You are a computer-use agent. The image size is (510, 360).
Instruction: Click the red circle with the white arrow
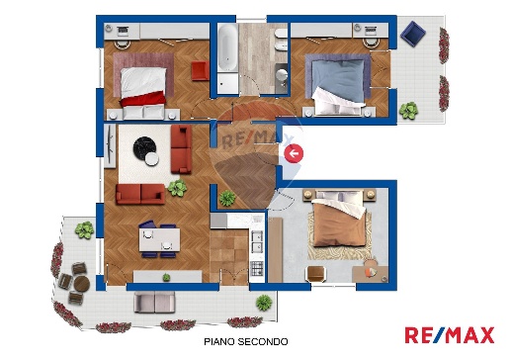pos(294,152)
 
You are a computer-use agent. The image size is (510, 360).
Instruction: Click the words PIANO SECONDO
pos(245,341)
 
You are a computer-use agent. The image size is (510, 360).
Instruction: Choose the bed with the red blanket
pos(140,80)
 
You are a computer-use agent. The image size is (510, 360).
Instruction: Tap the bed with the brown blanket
pos(342,225)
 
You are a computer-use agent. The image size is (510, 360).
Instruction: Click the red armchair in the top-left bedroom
pos(200,72)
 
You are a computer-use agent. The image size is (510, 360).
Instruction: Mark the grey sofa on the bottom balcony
pos(152,303)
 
